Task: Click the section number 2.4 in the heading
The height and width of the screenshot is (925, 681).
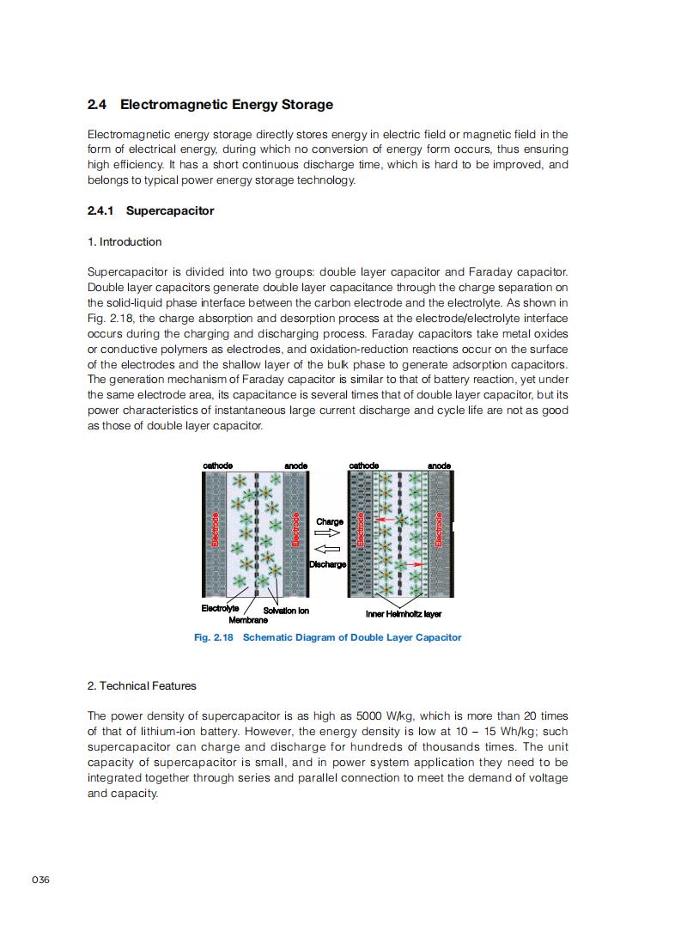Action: pos(97,105)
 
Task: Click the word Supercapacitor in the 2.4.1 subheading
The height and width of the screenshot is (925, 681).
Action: pos(170,211)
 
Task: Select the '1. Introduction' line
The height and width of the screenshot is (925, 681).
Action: pos(125,242)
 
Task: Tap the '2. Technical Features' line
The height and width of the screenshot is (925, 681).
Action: pos(142,685)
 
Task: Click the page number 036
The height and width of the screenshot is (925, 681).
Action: pos(40,879)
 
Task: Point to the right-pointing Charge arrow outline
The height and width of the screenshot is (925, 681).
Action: pos(327,532)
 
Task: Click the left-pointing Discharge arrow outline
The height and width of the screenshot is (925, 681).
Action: pos(327,550)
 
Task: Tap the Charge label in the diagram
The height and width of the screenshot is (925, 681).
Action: pos(330,521)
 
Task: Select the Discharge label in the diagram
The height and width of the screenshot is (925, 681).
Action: pos(328,564)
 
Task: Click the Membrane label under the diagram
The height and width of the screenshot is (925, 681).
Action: pos(248,620)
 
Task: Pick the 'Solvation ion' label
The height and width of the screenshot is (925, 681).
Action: pos(286,611)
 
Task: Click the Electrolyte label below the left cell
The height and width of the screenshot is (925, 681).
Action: pos(220,608)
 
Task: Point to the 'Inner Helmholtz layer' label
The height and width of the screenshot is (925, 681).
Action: pos(404,614)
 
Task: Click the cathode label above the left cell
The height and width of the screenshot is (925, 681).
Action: pos(217,466)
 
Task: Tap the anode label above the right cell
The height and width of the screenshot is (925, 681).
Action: pos(440,466)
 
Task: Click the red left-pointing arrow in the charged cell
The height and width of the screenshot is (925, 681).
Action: pos(386,519)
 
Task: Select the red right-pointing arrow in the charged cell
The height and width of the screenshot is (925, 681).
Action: pos(415,564)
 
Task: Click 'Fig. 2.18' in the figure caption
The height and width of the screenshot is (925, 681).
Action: pos(214,637)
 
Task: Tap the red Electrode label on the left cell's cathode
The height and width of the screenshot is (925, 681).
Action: pos(216,529)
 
